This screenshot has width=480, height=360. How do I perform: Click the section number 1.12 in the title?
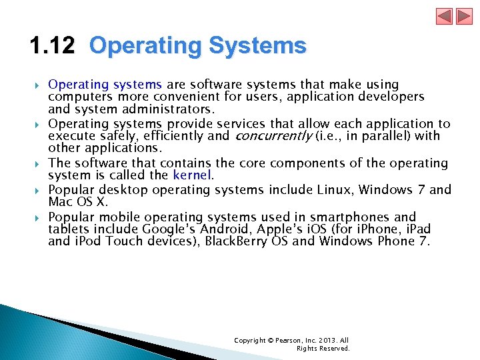coord(53,46)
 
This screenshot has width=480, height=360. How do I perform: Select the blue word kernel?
coord(192,176)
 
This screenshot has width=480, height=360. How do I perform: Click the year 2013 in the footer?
coord(325,341)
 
